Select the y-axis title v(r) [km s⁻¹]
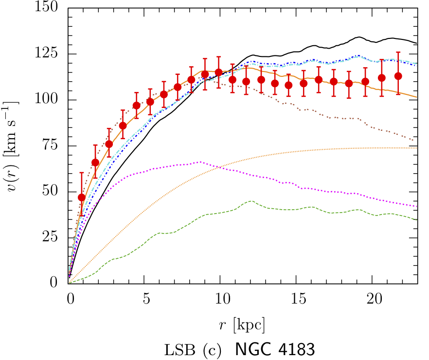14,146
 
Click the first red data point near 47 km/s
82,197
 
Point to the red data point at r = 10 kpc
218,72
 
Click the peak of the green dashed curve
250,201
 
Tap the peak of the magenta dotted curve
199,162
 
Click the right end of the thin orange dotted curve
417,148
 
